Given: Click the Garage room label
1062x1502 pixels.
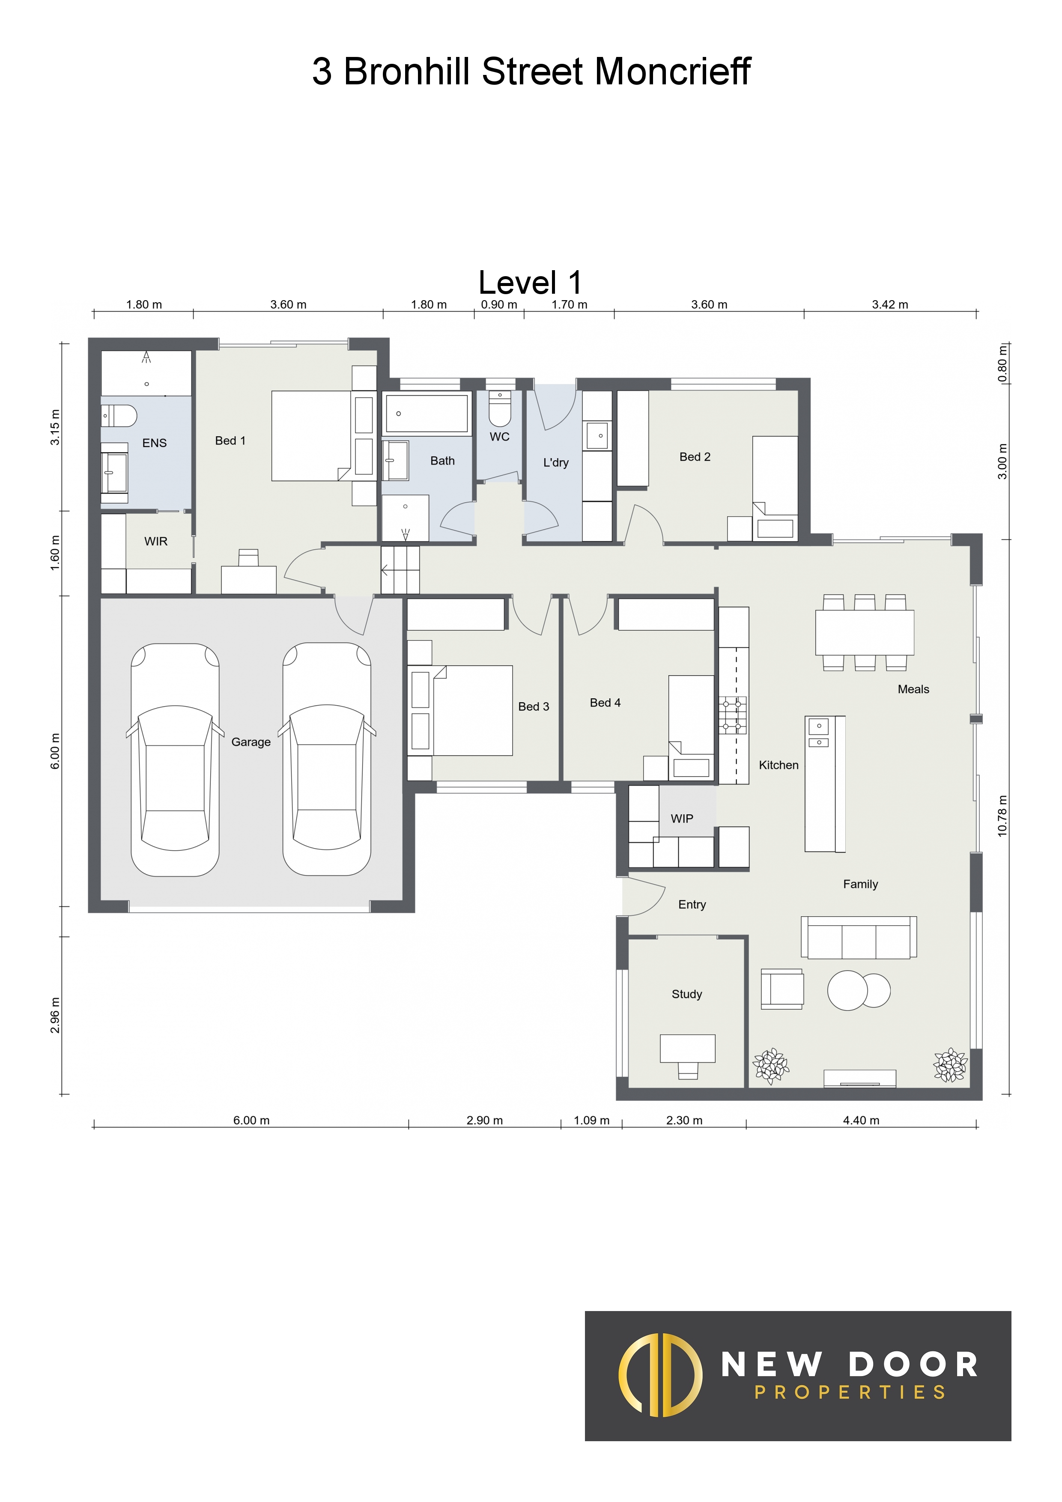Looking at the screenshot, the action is [251, 742].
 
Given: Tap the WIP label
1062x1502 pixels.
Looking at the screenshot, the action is [681, 818].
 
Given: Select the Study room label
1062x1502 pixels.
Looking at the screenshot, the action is [686, 994].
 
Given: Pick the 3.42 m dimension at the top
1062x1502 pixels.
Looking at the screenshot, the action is [890, 304].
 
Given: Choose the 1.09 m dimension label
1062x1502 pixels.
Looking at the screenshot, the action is [591, 1120].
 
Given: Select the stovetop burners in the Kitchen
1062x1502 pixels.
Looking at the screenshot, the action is [733, 715].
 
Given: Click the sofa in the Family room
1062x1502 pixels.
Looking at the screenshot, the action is [859, 937].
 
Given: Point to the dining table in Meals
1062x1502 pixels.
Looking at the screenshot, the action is [865, 632].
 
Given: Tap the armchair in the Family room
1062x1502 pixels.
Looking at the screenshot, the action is [782, 989].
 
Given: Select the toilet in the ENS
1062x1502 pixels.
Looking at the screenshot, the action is [119, 415].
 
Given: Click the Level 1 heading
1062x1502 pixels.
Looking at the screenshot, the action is [530, 283].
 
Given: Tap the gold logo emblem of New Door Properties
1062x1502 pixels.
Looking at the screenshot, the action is [660, 1375].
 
